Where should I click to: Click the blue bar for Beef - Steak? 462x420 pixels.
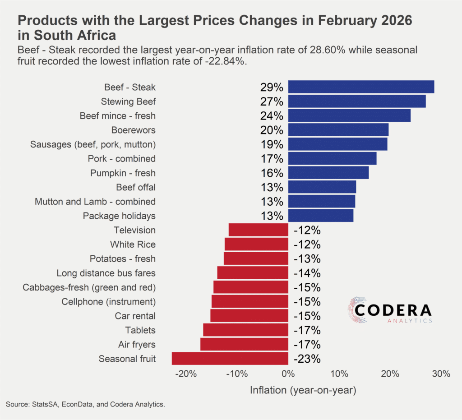[361, 87]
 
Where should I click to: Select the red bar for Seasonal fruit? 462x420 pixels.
[230, 359]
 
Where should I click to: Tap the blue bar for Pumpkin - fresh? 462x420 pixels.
[328, 173]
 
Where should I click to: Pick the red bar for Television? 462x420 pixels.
[259, 230]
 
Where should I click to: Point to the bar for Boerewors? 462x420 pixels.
[338, 130]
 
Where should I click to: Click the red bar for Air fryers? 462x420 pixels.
[244, 345]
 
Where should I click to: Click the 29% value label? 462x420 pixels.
[271, 88]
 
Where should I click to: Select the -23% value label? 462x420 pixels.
[307, 359]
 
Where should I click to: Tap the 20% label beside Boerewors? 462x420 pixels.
[271, 130]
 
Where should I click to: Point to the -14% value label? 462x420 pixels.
[307, 273]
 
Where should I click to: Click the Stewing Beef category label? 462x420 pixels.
[128, 102]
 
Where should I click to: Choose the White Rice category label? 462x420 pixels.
[133, 245]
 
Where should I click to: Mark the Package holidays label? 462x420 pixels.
[119, 216]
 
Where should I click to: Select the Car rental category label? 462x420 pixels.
[135, 316]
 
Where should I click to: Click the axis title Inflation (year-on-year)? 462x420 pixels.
[303, 390]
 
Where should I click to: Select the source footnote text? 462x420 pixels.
[85, 405]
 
